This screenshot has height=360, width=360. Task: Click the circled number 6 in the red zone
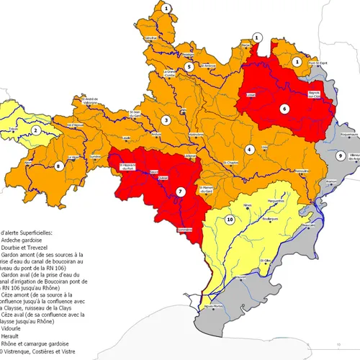tap(284, 109)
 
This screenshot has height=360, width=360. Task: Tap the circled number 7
tap(181, 192)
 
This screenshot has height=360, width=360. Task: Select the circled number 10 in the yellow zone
tap(230, 219)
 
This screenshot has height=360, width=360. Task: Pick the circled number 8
tap(59, 166)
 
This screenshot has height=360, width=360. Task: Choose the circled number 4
tap(250, 149)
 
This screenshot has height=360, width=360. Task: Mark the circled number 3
tap(166, 120)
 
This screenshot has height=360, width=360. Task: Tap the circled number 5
tap(189, 67)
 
